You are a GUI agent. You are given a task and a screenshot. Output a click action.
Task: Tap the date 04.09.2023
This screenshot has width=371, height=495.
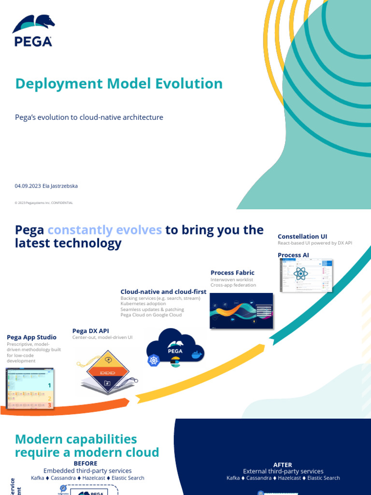click(x=28, y=186)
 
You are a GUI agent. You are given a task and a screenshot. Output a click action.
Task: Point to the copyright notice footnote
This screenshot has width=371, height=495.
click(x=43, y=203)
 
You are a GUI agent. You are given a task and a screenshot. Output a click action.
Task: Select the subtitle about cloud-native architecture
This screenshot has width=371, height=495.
click(x=89, y=117)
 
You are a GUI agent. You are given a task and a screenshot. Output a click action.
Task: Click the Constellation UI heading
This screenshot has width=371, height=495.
click(x=302, y=236)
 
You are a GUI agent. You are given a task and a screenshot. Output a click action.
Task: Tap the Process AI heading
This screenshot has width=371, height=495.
click(x=293, y=255)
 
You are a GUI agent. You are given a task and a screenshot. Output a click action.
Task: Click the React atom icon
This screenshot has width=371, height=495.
click(x=300, y=274)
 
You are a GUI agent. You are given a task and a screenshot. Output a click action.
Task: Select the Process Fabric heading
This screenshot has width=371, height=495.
click(x=232, y=273)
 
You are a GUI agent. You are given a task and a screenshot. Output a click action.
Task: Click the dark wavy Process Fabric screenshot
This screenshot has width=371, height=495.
click(x=241, y=311)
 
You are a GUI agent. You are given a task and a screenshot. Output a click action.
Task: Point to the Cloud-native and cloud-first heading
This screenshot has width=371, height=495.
click(x=163, y=291)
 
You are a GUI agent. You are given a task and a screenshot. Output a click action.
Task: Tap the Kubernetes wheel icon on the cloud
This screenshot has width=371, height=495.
click(x=154, y=361)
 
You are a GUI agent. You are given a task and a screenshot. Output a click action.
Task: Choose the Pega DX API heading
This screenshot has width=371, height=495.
click(x=91, y=331)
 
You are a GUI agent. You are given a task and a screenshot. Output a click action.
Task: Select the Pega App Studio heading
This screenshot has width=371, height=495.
click(x=31, y=337)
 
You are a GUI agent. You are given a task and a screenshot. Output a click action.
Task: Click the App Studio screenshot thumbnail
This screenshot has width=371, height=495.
click(x=29, y=389)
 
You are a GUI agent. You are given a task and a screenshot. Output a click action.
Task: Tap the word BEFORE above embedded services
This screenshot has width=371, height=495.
click(x=86, y=463)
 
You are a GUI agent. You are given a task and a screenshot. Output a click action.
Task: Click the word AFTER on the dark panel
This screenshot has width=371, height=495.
click(x=283, y=465)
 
